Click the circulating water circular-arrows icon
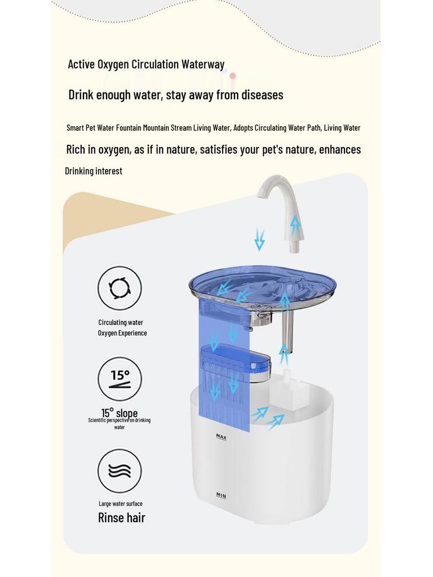[120, 288]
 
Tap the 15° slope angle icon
[120, 379]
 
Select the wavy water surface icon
[120, 471]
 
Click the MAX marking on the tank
[221, 437]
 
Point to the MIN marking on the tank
[221, 495]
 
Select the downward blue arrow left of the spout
[259, 239]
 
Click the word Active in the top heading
[81, 64]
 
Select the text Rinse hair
[121, 518]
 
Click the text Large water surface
[120, 504]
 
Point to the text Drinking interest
[94, 171]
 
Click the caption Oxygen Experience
[122, 333]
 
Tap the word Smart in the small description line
[75, 128]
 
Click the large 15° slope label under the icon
[120, 413]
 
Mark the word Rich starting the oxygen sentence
[77, 149]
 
